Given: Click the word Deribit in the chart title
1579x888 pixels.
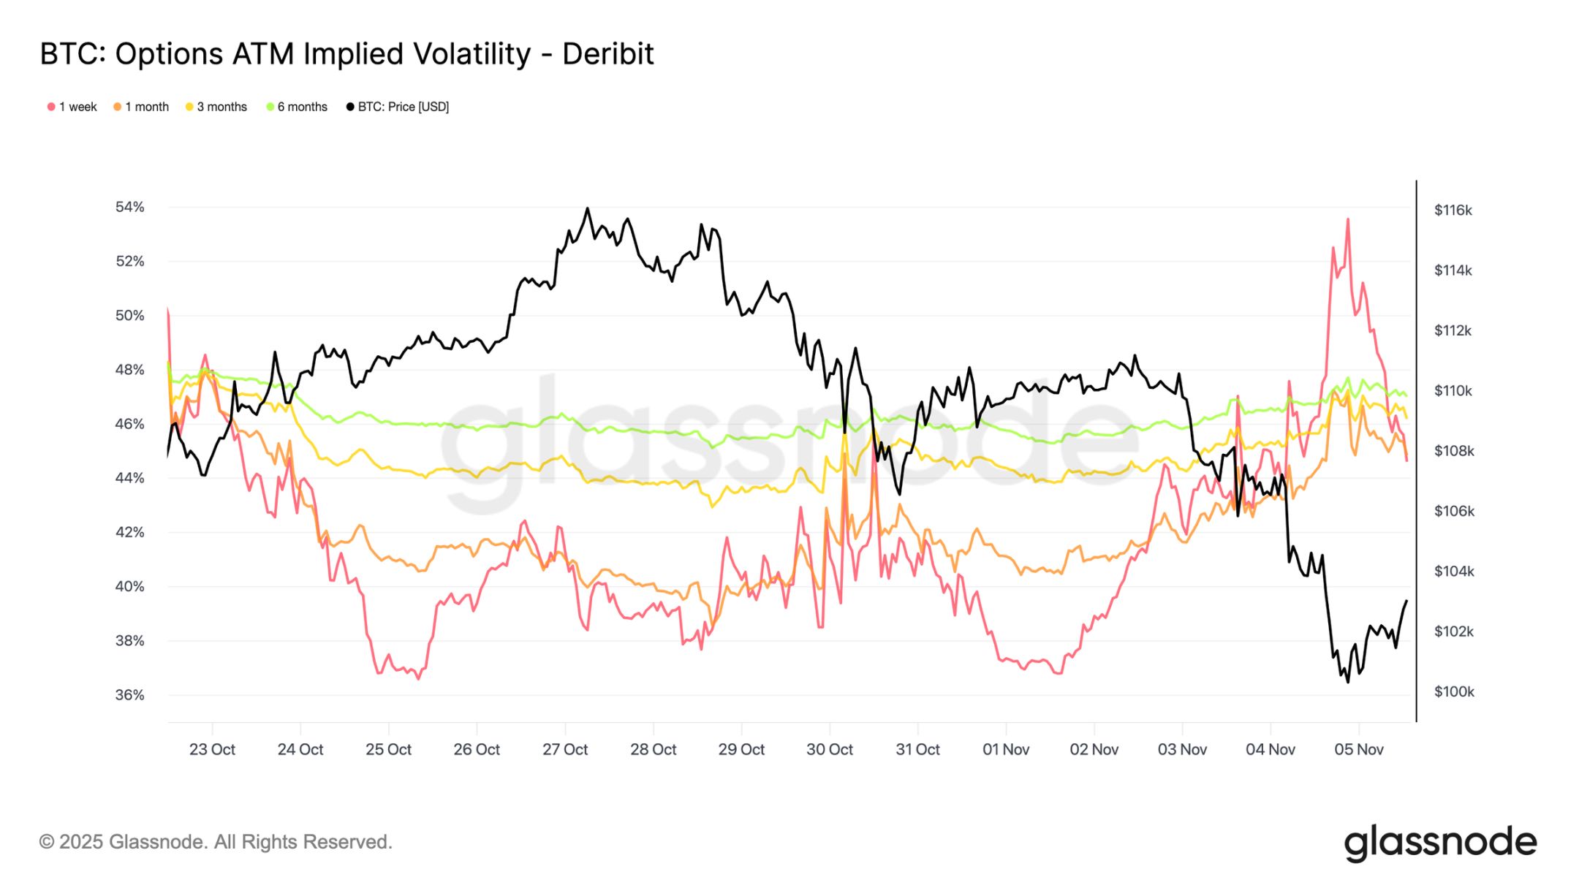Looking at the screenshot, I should [x=607, y=54].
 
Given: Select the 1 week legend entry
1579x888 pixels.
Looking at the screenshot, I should [x=72, y=107].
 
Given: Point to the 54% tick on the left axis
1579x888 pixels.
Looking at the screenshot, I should [x=129, y=207].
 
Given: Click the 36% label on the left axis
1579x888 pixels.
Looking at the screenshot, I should [x=129, y=694].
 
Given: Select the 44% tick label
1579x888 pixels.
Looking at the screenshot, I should [x=129, y=478].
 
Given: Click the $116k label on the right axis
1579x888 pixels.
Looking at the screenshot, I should [x=1453, y=210].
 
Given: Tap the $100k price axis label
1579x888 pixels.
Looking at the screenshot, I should [x=1453, y=691].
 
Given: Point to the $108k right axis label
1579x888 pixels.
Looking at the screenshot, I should [x=1453, y=451].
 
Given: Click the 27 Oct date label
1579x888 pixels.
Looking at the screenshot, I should [x=564, y=749].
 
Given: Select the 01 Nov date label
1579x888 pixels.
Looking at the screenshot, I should [x=1005, y=749].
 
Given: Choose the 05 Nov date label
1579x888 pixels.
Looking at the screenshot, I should [x=1358, y=749].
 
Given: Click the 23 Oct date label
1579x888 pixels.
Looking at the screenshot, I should [x=212, y=749].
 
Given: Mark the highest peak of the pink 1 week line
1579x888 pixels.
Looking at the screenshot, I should [x=1347, y=219].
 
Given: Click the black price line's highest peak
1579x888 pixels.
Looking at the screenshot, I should [x=587, y=208].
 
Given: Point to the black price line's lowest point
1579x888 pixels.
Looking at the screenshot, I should [x=1347, y=682].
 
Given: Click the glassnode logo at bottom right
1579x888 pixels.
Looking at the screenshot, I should [x=1439, y=843].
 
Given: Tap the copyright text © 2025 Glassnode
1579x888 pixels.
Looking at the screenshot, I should [x=216, y=842].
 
